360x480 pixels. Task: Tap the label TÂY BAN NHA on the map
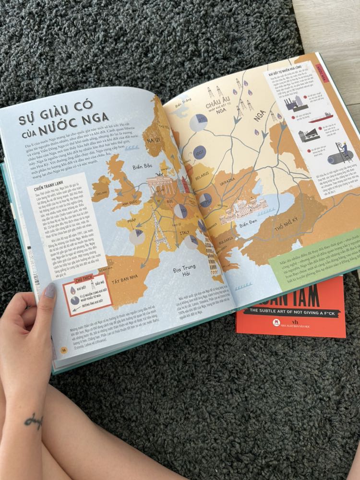click(129, 279)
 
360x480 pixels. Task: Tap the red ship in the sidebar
click(320, 117)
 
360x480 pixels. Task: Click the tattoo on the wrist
click(34, 421)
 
